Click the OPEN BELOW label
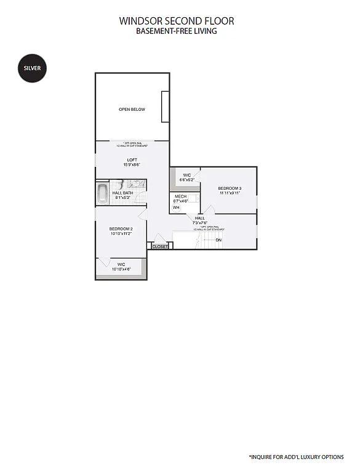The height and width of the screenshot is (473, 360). click(x=132, y=110)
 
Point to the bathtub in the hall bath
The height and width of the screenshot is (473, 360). click(x=102, y=193)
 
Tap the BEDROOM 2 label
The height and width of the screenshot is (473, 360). click(x=121, y=228)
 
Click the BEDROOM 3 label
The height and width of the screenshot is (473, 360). click(x=229, y=188)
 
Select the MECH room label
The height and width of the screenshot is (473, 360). click(x=180, y=196)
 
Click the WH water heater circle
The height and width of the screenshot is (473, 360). click(x=176, y=208)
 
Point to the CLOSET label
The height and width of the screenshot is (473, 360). click(x=160, y=246)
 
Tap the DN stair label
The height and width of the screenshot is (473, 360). click(x=218, y=240)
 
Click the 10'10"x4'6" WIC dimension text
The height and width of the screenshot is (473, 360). click(x=121, y=269)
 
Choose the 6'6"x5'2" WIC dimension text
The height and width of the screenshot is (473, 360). click(x=186, y=180)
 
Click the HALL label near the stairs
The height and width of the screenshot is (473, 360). click(x=200, y=218)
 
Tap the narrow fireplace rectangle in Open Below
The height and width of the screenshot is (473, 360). click(x=165, y=107)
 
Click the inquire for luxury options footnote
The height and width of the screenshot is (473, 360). click(x=296, y=456)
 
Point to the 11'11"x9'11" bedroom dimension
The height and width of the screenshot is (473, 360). click(x=229, y=193)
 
